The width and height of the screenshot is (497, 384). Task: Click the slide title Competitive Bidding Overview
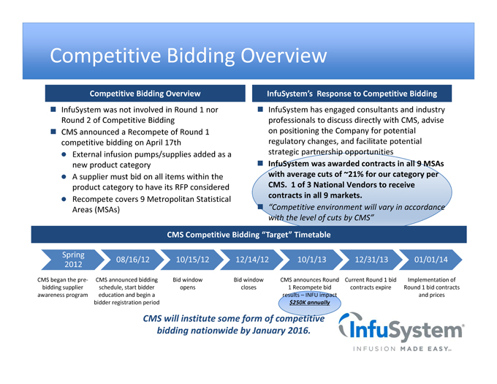click(188, 56)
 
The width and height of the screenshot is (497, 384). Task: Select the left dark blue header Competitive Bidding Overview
click(145, 94)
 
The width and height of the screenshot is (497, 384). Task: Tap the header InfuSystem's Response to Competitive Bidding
click(352, 94)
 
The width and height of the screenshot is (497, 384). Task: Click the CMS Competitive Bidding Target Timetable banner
click(249, 234)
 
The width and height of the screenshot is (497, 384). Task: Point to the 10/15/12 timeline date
click(192, 260)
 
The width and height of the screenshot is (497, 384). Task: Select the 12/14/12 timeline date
click(252, 260)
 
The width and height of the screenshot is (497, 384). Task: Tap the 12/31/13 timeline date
click(371, 260)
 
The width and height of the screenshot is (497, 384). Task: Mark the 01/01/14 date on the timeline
click(430, 260)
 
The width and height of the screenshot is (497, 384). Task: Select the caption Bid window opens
click(187, 284)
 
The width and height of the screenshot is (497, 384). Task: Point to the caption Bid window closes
click(248, 284)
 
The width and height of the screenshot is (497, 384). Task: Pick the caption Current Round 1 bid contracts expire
click(370, 284)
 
